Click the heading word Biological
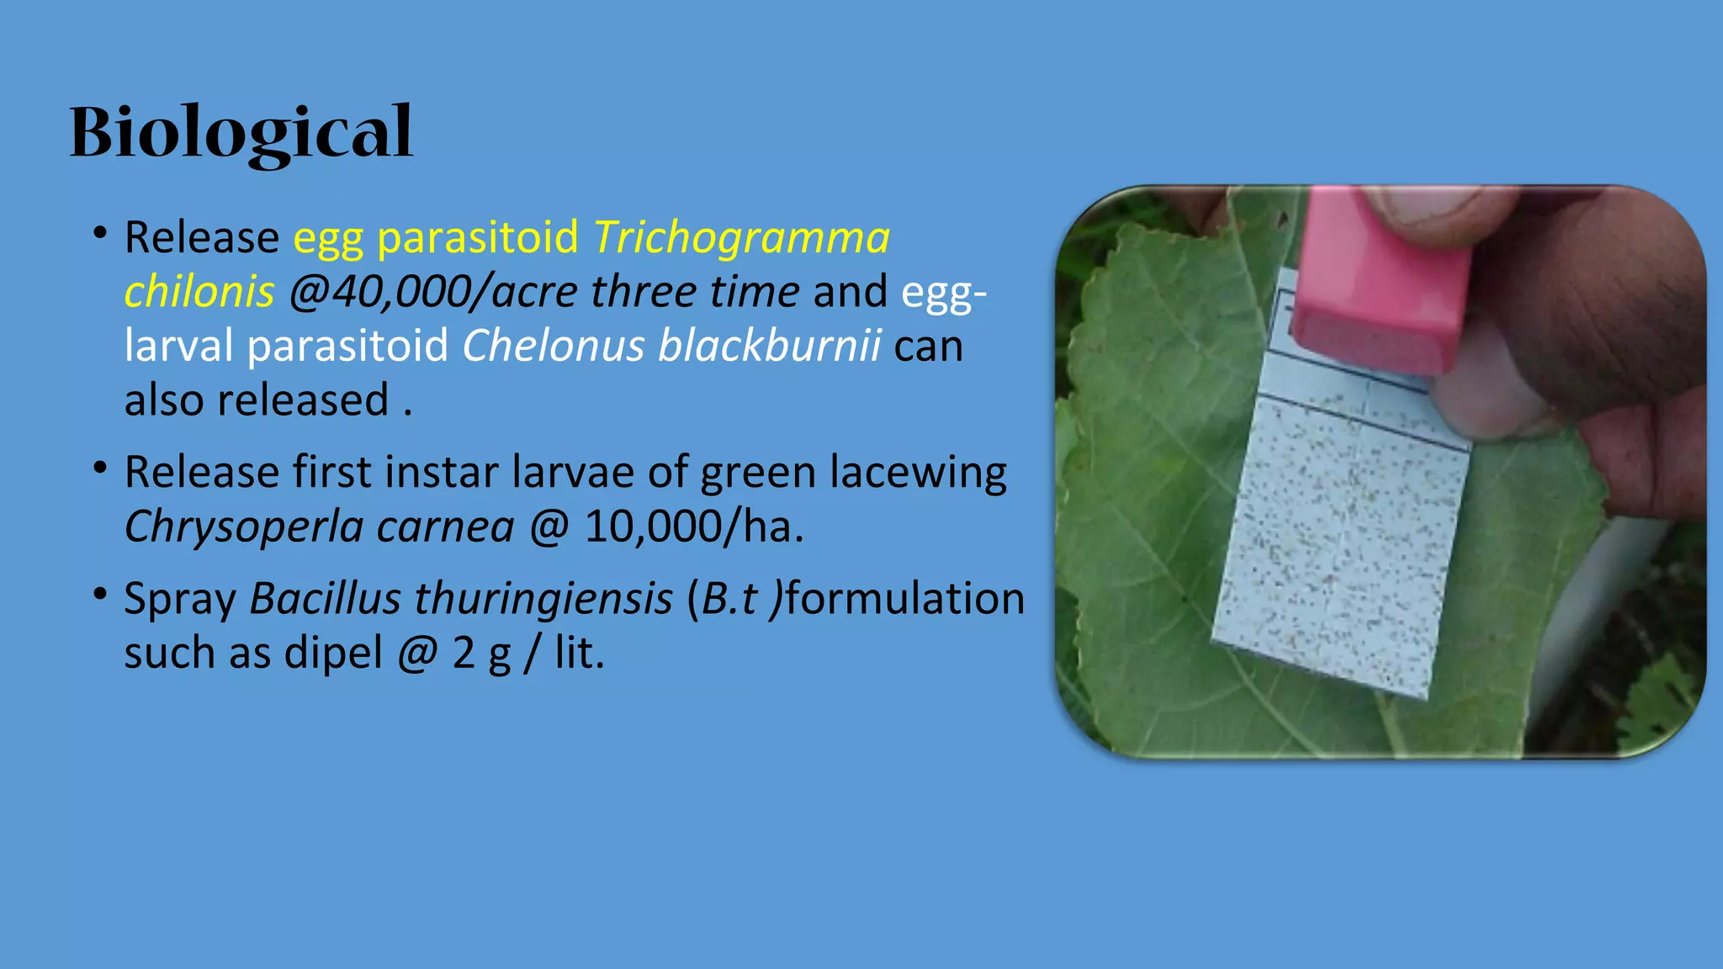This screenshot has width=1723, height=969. tap(241, 132)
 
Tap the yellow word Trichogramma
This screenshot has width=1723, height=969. tap(741, 237)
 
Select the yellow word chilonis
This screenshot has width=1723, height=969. tap(199, 292)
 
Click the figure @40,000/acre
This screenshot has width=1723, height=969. tap(432, 292)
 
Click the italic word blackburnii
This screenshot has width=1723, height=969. tap(769, 346)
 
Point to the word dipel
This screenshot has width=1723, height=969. tap(333, 653)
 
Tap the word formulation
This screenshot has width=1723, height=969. tap(905, 599)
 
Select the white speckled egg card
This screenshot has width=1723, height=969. tap(1341, 538)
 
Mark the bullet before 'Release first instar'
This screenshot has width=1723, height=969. tap(100, 469)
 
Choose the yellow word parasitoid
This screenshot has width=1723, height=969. tap(478, 237)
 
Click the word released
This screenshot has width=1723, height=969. tap(303, 400)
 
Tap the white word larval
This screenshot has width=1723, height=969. tap(178, 346)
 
